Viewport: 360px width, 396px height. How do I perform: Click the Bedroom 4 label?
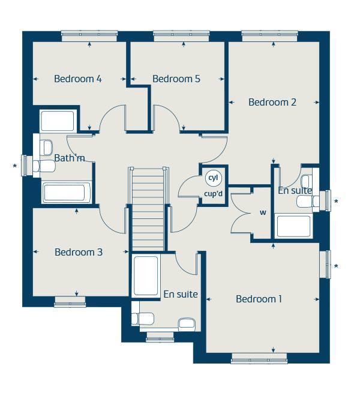pos(78,79)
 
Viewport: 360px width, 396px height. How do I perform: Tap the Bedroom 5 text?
pos(176,79)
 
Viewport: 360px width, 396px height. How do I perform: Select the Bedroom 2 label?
pos(272,102)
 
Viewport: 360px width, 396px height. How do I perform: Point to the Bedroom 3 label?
pos(79,252)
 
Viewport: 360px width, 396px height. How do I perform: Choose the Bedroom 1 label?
pos(259,299)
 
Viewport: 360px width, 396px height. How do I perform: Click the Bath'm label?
pos(70,158)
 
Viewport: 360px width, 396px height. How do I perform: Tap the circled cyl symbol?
pos(213,178)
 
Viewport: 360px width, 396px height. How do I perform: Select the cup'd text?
pos(214,194)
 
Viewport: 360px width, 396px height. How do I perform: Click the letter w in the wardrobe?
pos(263,212)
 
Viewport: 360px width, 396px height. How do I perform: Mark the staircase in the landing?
pos(148,209)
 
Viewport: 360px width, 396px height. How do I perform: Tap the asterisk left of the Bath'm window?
pos(15,166)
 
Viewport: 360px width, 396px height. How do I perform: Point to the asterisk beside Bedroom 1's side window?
pos(337,266)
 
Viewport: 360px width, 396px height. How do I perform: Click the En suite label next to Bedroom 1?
pos(181,295)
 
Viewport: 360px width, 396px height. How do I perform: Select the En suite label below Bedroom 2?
pos(295,191)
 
